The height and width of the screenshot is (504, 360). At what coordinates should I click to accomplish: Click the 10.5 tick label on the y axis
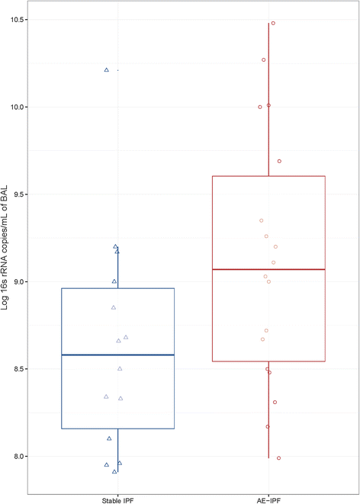coord(16,20)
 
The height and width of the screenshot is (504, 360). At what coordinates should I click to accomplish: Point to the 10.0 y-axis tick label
coord(16,108)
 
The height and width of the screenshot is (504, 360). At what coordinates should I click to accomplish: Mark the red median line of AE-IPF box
coord(269,269)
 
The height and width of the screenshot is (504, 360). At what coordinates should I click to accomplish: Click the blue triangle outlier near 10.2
coord(107,70)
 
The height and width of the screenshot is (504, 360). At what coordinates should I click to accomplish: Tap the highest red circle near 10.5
coord(273,23)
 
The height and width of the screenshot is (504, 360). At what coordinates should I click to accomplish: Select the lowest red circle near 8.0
coord(279,458)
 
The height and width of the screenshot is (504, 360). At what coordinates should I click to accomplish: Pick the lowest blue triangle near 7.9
coord(114,472)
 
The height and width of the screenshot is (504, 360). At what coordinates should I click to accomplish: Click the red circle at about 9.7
coord(279,161)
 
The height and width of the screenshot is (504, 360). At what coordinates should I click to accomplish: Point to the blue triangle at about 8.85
coord(114,307)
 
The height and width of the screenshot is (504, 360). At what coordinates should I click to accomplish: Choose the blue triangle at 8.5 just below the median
coord(120,369)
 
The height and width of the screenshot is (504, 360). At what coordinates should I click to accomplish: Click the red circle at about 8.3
coord(275,402)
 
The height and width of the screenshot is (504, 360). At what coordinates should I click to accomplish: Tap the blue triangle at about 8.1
coord(109,438)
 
